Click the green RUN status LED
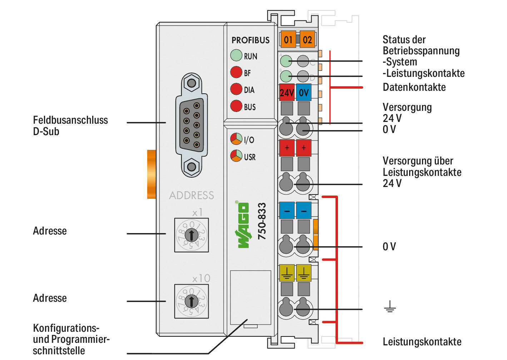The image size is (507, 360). (236, 55)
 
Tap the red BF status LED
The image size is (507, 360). (236, 72)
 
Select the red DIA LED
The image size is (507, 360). (236, 89)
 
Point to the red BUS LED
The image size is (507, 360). (236, 106)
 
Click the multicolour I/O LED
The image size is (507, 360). (236, 139)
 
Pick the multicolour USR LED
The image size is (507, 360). (236, 156)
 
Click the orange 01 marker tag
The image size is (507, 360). (288, 39)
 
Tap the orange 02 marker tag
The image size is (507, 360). (307, 39)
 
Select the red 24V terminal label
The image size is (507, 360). (287, 92)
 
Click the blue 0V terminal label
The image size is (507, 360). (304, 92)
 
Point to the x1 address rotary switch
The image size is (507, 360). (192, 235)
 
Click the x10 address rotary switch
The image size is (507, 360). (192, 301)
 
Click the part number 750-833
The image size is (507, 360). (262, 221)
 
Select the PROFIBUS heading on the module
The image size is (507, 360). (250, 40)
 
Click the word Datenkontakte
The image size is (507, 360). (414, 87)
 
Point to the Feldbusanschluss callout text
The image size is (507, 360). (70, 120)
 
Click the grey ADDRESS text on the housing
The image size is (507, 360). (192, 196)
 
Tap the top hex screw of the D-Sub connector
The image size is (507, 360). (192, 83)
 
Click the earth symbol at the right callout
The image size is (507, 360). (390, 306)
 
